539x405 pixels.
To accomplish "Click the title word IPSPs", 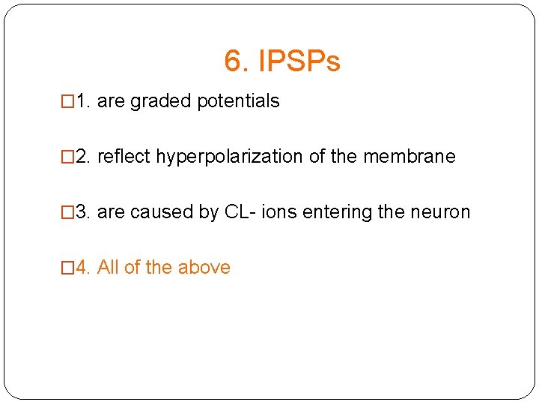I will (x=299, y=61).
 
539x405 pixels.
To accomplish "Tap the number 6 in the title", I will (x=233, y=61).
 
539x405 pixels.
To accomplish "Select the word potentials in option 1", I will (x=239, y=101).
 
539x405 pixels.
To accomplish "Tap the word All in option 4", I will (x=109, y=268).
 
